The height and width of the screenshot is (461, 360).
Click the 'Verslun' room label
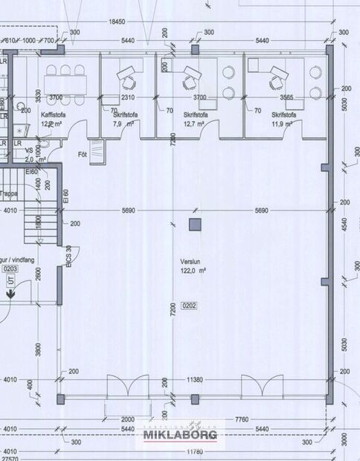click(x=190, y=262)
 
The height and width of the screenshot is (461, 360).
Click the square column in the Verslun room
click(x=194, y=224)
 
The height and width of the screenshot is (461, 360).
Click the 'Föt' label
click(x=83, y=155)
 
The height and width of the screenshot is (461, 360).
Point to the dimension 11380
click(x=194, y=379)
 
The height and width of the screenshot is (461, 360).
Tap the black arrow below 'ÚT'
click(x=11, y=294)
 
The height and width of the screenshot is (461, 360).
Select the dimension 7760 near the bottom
click(x=240, y=420)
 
